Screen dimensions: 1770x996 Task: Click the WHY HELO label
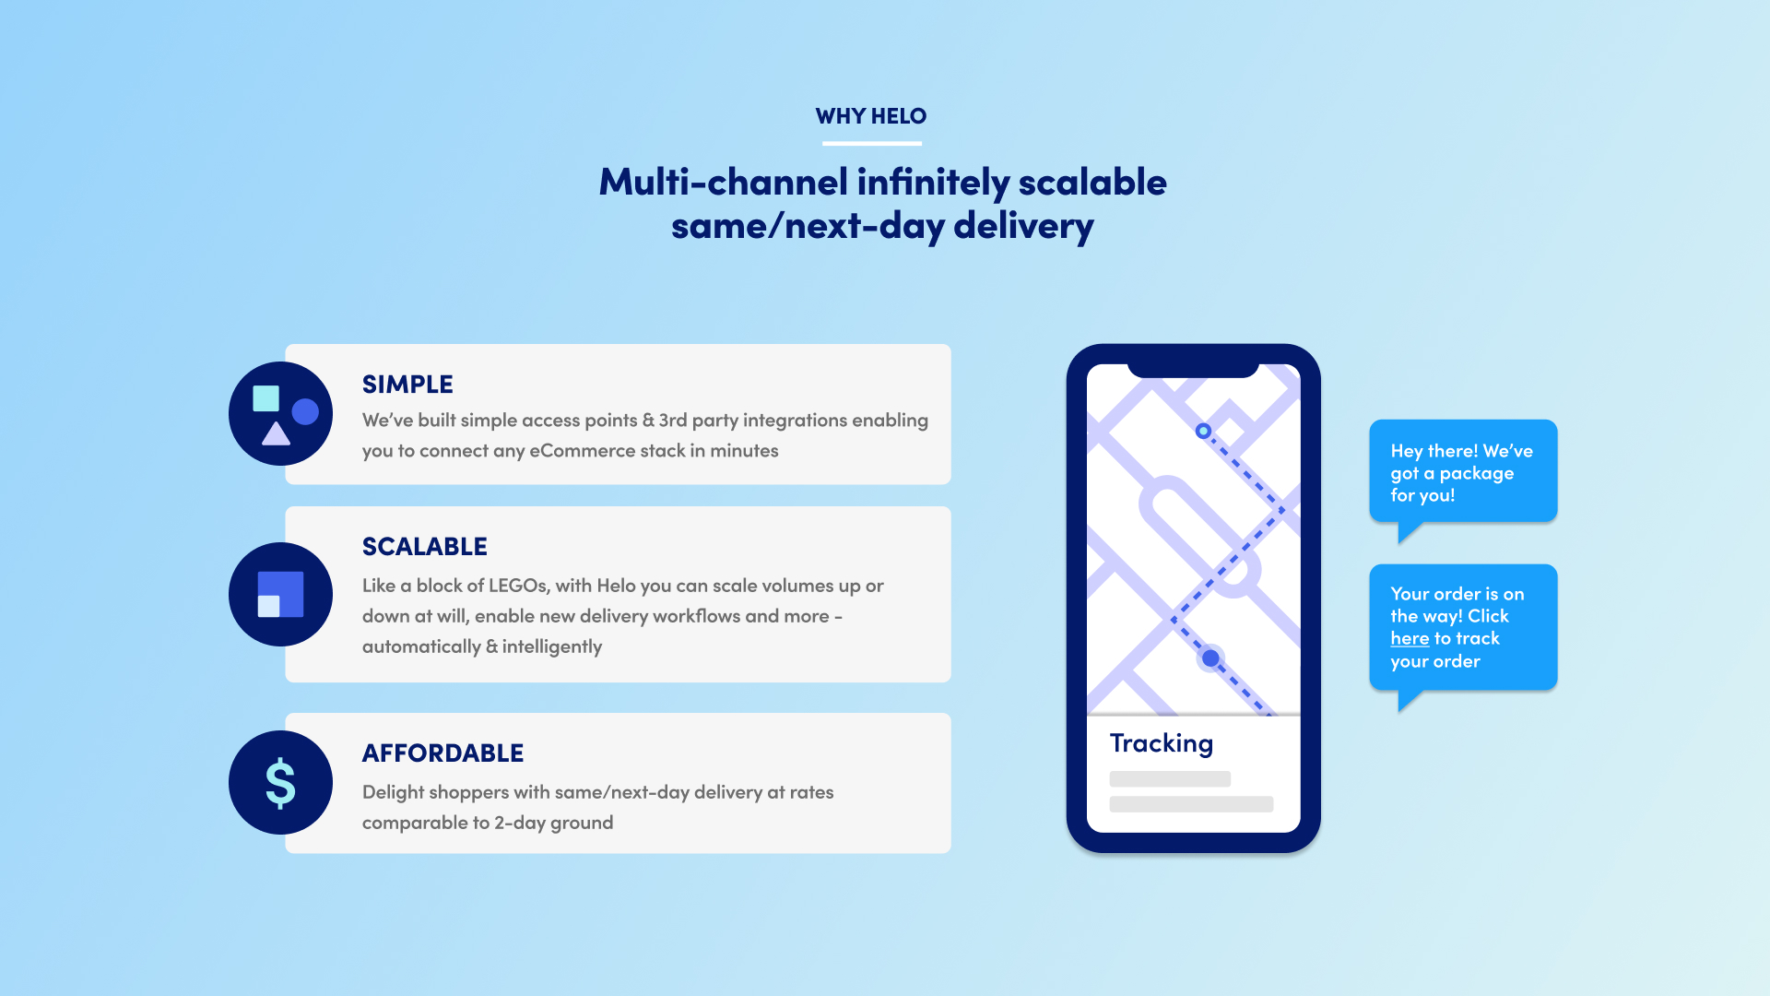coord(871,116)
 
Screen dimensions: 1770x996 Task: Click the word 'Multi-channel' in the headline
coord(724,182)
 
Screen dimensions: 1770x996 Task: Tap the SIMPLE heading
coord(407,385)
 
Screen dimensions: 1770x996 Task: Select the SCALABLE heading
coord(425,547)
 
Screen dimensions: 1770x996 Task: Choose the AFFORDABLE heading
coord(442,753)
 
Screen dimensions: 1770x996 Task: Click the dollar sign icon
coord(280,783)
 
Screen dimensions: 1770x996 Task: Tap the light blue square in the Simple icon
coord(266,398)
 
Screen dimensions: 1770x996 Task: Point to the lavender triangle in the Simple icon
coord(276,433)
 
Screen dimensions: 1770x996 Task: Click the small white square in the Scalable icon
coord(268,606)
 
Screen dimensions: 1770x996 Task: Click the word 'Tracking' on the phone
coord(1162,743)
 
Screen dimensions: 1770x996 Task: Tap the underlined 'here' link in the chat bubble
coord(1410,639)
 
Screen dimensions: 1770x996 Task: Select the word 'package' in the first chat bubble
coord(1477,474)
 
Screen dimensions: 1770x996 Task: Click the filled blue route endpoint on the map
coord(1210,658)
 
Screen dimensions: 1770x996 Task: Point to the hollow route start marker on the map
coord(1203,431)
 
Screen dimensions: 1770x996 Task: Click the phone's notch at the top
coord(1193,369)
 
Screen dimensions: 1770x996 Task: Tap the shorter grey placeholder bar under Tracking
coord(1170,779)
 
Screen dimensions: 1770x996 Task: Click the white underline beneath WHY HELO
coord(872,143)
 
